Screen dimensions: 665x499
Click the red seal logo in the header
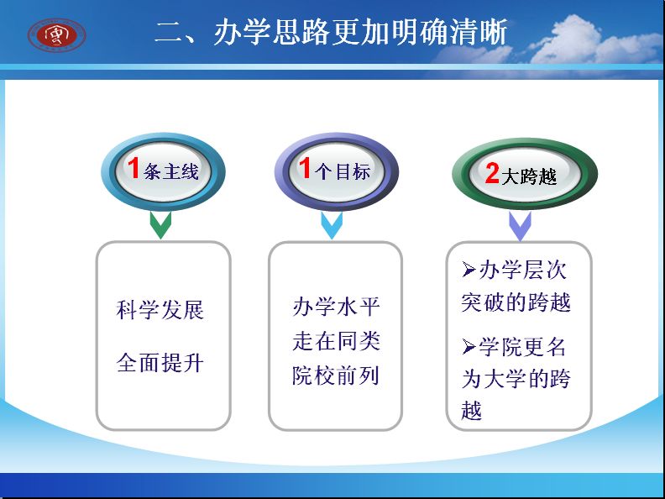coord(56,34)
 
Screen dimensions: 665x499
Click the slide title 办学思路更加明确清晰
coord(331,32)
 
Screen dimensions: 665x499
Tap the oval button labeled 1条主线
coord(163,171)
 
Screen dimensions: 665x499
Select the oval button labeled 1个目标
coord(337,171)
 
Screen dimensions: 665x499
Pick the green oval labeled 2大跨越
coord(525,174)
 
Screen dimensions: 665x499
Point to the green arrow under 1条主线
coord(160,225)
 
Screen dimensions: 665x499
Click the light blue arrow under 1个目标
coord(332,225)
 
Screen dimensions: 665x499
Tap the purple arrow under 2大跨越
coord(520,226)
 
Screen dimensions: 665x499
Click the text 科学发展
coord(160,310)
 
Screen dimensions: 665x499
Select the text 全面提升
coord(160,363)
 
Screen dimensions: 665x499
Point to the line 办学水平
coord(336,307)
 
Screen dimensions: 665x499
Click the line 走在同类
coord(336,341)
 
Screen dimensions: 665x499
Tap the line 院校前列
coord(336,376)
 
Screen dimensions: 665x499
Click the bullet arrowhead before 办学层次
coord(469,269)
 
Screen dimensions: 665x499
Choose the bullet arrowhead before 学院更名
coord(469,347)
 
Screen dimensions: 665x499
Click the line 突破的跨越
coord(516,302)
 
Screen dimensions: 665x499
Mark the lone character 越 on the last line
coord(472,410)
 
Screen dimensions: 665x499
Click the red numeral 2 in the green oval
coord(492,173)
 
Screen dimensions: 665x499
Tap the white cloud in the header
coord(589,43)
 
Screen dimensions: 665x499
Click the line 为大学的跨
coord(516,379)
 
